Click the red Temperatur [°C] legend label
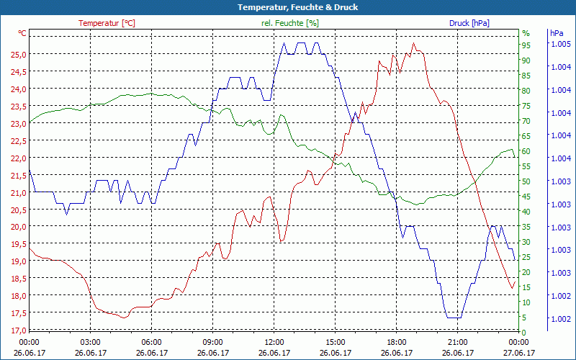(107, 23)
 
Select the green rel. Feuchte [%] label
(290, 23)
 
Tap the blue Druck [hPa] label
(469, 23)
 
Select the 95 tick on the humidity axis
(526, 45)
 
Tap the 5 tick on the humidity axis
(524, 318)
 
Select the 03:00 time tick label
(90, 342)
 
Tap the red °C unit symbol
(22, 33)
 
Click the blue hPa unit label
(557, 33)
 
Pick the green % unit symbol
(526, 33)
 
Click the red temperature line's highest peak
(413, 43)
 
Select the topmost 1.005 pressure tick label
(560, 44)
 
